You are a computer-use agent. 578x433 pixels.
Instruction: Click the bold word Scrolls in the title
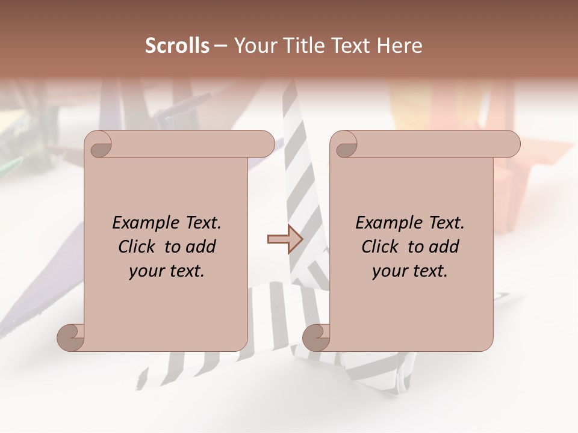177,46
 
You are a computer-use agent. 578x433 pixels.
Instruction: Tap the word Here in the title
400,46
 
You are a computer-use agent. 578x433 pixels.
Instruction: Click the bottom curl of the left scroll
70,337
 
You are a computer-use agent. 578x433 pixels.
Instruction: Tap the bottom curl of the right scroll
316,337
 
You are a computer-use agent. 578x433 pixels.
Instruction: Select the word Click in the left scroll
137,247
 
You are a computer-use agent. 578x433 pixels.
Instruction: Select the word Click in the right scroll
380,247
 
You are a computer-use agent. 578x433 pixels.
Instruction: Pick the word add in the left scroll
202,247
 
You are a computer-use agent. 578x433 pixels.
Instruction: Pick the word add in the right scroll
445,247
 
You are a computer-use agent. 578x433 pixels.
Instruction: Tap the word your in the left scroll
146,271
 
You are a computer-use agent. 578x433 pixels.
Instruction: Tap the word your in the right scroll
390,271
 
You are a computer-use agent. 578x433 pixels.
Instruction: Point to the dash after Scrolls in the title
220,46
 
